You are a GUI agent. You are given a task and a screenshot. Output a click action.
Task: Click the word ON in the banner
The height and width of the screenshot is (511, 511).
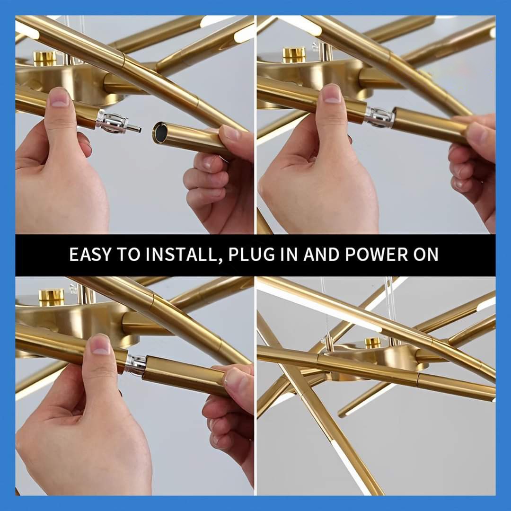click(426, 255)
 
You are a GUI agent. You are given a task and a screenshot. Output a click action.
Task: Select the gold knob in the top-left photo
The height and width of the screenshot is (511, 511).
click(44, 58)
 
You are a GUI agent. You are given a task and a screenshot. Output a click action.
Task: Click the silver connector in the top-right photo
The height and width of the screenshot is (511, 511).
click(379, 117)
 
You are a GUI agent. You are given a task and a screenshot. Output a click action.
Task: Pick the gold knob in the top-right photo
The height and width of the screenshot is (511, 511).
click(294, 55)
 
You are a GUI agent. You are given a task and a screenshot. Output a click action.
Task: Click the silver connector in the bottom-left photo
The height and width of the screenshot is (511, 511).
click(136, 364)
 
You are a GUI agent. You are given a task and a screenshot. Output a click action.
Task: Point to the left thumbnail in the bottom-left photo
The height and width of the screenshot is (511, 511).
click(100, 345)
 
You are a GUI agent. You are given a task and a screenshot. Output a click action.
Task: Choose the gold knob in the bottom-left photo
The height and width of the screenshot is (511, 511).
click(51, 296)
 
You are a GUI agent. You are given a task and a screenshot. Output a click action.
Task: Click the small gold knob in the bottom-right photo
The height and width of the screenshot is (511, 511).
click(372, 342)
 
